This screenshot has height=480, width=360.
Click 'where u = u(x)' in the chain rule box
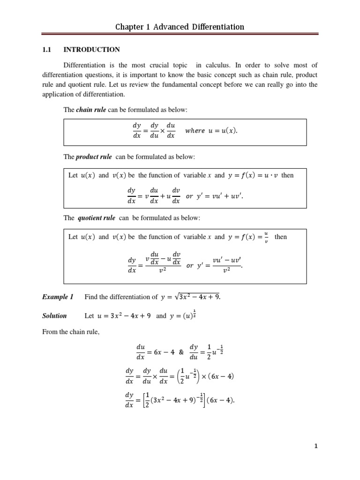pos(211,131)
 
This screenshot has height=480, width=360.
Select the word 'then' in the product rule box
pos(287,175)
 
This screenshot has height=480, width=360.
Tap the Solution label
pos(54,316)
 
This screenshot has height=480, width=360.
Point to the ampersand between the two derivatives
pos(181,352)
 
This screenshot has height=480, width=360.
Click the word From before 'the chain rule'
pos(50,332)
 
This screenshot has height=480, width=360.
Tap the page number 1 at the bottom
pos(316,446)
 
